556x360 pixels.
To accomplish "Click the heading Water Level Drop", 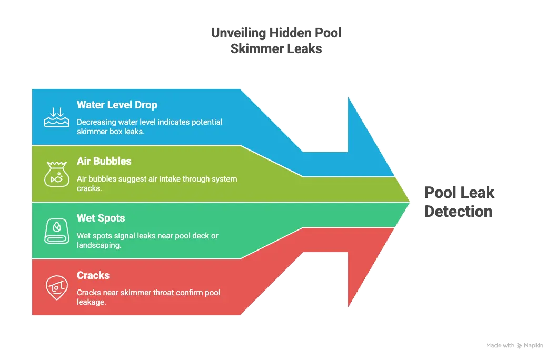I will [x=117, y=105].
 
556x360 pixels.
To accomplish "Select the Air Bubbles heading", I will [x=104, y=161].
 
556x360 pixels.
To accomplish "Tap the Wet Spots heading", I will [x=101, y=218].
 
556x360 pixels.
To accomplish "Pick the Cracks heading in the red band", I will [x=93, y=275].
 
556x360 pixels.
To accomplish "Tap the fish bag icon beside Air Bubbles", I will [x=56, y=174].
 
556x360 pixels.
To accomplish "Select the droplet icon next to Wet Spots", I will [x=56, y=231].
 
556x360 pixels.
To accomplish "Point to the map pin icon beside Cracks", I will [x=56, y=287].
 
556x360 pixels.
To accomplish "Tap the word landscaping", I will [x=99, y=245].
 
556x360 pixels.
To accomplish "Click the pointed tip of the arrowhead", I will [x=409, y=202].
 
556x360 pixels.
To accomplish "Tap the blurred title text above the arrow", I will [x=276, y=40].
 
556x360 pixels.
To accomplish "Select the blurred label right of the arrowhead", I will [x=458, y=202].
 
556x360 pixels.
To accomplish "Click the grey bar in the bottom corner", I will [x=513, y=345].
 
